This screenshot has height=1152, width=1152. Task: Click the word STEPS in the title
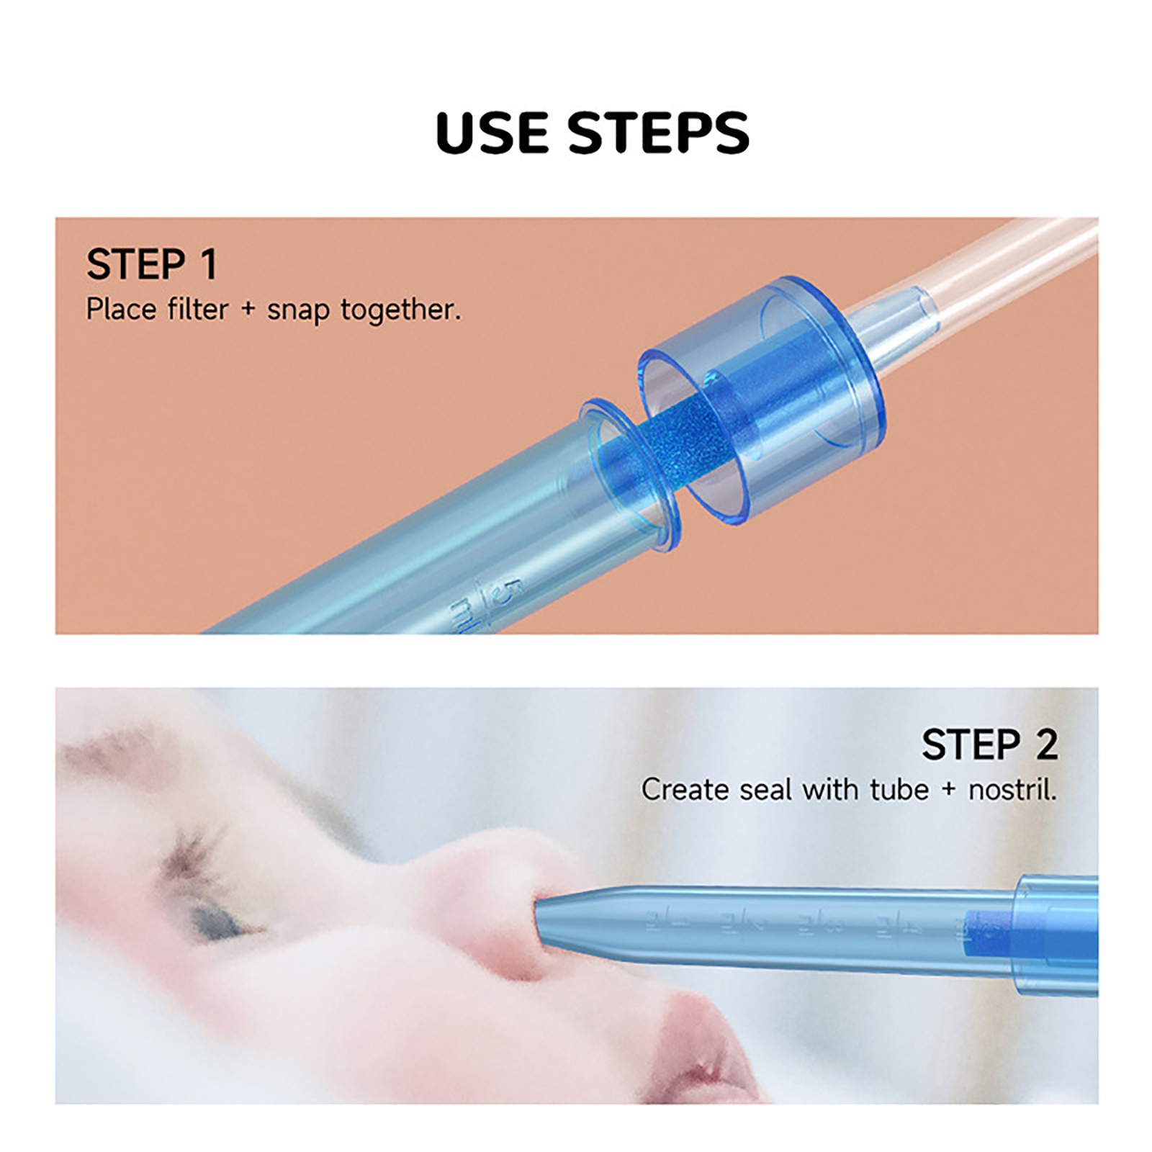(658, 132)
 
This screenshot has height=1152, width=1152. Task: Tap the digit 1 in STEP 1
(208, 264)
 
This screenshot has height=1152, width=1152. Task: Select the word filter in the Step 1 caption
(197, 310)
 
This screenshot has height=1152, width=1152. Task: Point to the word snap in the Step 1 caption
(298, 311)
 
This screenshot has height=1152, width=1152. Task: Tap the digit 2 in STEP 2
(1046, 744)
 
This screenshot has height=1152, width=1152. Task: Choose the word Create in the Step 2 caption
(685, 790)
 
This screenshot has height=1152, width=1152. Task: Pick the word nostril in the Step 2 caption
(1012, 790)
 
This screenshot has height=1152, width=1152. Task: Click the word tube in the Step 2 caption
(899, 790)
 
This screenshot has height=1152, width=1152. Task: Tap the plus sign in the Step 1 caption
(248, 310)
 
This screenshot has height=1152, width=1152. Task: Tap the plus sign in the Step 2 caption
(948, 790)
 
